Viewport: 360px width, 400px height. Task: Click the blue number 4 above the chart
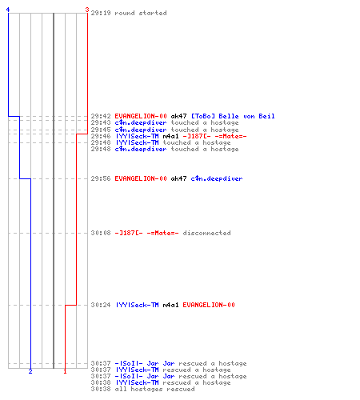(x=8, y=10)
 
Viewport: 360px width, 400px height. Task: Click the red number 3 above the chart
(x=87, y=10)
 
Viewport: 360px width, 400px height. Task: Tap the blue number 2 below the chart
(x=30, y=371)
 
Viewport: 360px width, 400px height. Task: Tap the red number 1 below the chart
(x=65, y=371)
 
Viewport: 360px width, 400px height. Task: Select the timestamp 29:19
(x=101, y=13)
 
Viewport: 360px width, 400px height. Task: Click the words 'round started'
(x=141, y=13)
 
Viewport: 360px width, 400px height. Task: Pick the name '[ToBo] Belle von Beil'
(x=233, y=116)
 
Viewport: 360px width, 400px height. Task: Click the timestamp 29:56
(x=101, y=178)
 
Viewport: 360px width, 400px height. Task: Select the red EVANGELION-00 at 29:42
(x=141, y=116)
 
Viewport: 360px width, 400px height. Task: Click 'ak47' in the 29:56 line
(x=178, y=178)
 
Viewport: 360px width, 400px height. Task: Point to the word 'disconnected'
(x=206, y=233)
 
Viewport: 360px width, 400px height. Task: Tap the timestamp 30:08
(x=101, y=233)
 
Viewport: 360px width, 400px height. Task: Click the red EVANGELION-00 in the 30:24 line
(x=209, y=305)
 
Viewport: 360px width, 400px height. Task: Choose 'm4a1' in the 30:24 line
(x=170, y=305)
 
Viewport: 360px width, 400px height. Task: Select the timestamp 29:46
(x=101, y=136)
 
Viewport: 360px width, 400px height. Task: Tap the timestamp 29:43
(x=101, y=122)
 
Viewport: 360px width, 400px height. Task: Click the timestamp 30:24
(x=101, y=305)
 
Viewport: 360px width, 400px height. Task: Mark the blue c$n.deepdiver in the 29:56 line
(x=217, y=178)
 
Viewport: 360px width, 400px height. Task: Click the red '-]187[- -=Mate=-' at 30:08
(x=146, y=233)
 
